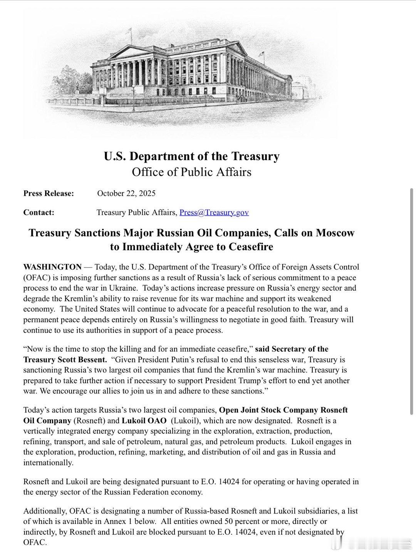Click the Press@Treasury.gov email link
(x=214, y=212)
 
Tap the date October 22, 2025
(x=126, y=193)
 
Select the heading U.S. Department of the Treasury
(x=191, y=156)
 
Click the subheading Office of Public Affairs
(x=191, y=172)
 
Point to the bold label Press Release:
(x=49, y=193)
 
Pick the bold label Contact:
(x=39, y=212)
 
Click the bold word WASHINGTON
(x=52, y=267)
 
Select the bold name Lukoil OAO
(x=147, y=421)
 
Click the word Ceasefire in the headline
(x=251, y=247)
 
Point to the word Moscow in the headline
(x=335, y=233)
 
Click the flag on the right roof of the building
(x=263, y=54)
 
